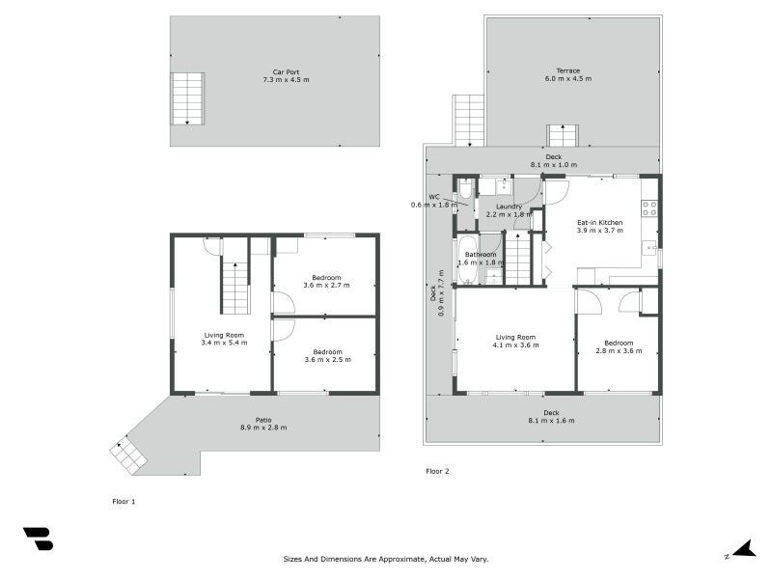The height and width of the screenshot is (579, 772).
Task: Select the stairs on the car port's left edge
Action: tap(188, 98)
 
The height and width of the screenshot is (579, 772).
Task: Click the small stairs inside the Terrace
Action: tap(563, 135)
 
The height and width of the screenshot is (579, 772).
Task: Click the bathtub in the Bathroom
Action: tap(466, 260)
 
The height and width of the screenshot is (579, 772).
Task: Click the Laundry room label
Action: tap(509, 207)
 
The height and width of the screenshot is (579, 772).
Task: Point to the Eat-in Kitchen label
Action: tap(599, 223)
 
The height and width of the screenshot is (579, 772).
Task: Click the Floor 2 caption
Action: tap(437, 471)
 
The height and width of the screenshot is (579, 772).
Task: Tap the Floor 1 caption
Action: tap(124, 502)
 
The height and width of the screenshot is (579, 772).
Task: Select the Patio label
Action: tap(262, 419)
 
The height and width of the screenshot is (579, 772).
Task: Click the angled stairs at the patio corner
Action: tap(127, 454)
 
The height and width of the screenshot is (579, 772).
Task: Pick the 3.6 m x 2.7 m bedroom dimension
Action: tap(326, 286)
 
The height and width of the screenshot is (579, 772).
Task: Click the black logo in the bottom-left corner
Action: tap(38, 539)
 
